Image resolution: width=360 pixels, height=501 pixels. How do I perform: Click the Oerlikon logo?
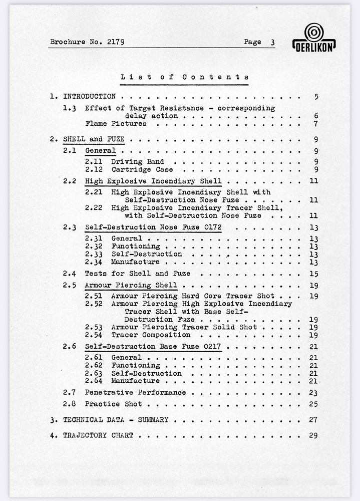314,37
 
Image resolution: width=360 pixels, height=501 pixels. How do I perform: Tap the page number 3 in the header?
272,43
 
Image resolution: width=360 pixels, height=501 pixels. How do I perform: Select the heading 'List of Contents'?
184,77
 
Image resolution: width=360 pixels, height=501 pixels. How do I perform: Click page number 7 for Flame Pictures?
315,124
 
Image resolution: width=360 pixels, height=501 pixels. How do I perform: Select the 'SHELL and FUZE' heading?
94,139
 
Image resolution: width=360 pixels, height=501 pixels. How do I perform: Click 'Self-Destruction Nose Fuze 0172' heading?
153,227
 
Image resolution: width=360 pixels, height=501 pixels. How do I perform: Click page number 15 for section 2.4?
314,274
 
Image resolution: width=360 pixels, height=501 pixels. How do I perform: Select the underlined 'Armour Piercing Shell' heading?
131,286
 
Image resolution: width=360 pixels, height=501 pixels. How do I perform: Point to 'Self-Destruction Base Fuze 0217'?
153,347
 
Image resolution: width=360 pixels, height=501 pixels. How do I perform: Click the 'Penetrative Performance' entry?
135,393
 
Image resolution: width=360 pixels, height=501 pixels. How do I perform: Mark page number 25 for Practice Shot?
314,404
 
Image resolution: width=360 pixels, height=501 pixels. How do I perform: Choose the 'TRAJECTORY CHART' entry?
98,435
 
